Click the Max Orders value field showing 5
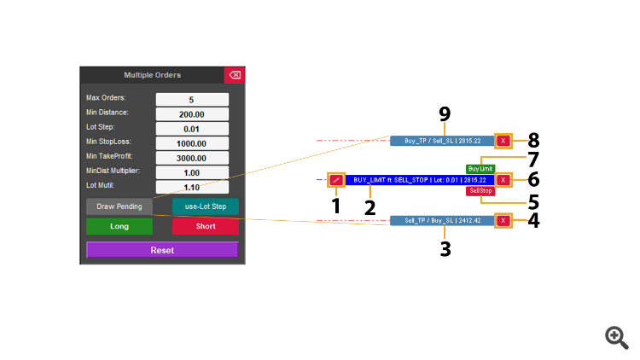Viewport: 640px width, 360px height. (x=192, y=99)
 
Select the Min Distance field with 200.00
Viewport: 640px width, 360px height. (x=192, y=113)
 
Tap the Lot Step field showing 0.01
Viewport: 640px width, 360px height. (x=192, y=128)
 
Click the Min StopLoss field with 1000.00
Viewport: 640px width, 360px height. (x=192, y=143)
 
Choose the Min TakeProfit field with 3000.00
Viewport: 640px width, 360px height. (x=192, y=158)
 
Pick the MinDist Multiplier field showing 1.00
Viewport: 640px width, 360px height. (x=192, y=172)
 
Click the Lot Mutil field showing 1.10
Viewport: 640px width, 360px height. (x=192, y=187)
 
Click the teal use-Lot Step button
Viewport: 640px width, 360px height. (x=206, y=206)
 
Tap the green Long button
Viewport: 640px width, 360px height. (x=119, y=226)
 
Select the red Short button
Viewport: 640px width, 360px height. (x=206, y=226)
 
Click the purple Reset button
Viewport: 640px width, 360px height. (x=162, y=250)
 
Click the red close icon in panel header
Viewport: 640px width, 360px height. (x=235, y=75)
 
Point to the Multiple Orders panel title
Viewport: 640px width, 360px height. (x=152, y=75)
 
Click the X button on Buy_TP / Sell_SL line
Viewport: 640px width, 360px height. (x=503, y=141)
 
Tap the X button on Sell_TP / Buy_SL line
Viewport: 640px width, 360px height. (x=503, y=220)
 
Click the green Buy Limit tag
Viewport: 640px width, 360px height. (x=480, y=169)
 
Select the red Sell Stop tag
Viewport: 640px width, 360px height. (x=480, y=191)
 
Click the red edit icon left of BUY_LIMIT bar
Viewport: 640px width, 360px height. (x=336, y=180)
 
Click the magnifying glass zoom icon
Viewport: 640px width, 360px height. (x=616, y=336)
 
